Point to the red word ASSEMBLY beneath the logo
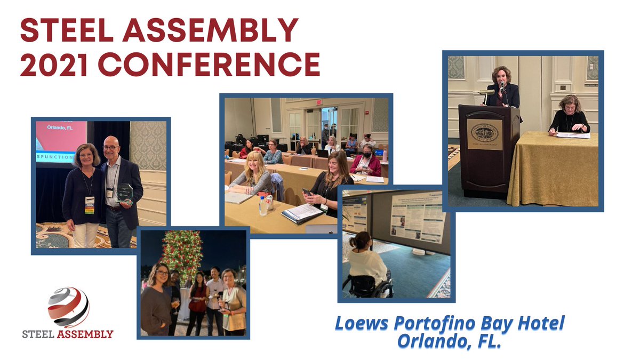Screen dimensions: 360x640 [x=85, y=334]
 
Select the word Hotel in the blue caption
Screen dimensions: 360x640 [x=539, y=323]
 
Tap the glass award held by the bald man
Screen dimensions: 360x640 [x=126, y=193]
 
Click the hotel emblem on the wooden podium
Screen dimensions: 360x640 [x=485, y=131]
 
